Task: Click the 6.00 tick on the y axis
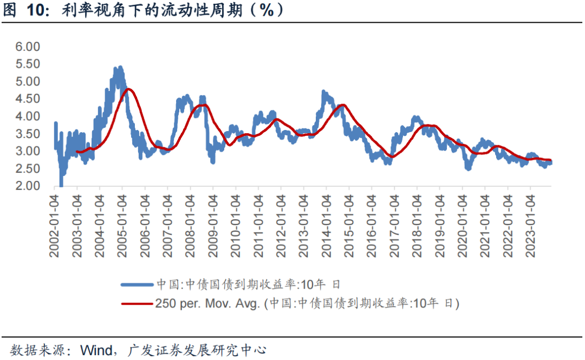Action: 28,47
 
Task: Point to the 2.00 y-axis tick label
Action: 28,186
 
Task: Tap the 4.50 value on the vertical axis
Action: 28,99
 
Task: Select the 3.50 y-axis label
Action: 28,134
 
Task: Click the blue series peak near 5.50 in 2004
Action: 119,69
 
